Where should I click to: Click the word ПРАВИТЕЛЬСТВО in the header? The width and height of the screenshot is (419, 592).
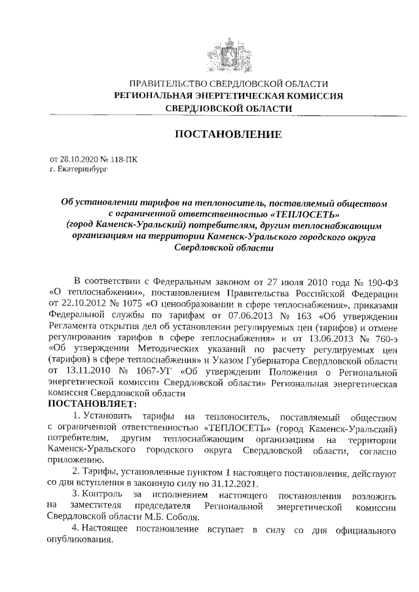coord(168,84)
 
